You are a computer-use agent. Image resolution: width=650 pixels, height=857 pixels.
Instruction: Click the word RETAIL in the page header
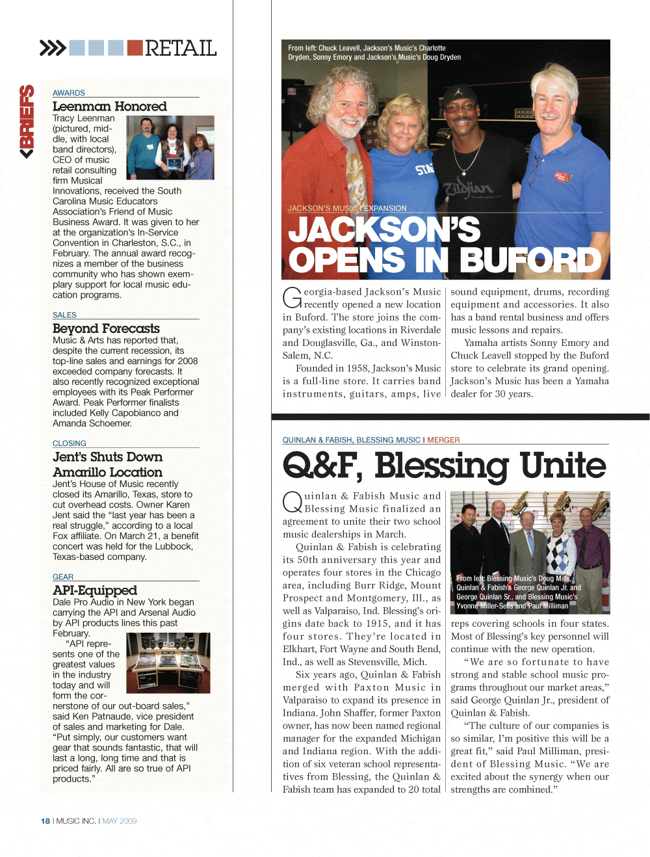pyautogui.click(x=181, y=48)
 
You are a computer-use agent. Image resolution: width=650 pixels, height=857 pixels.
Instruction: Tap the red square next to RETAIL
pyautogui.click(x=135, y=48)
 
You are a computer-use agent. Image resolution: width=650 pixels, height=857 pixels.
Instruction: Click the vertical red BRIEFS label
pyautogui.click(x=27, y=122)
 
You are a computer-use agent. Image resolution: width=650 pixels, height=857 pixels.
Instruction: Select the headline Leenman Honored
pyautogui.click(x=109, y=106)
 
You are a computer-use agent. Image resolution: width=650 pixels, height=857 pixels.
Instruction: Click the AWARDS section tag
pyautogui.click(x=69, y=93)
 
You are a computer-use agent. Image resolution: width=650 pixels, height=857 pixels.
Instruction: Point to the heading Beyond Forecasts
pyautogui.click(x=106, y=328)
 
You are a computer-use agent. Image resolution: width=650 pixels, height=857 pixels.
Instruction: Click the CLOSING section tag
pyautogui.click(x=70, y=443)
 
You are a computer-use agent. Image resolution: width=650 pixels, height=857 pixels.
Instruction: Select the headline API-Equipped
pyautogui.click(x=95, y=590)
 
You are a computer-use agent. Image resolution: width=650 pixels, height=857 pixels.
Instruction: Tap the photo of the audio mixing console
pyautogui.click(x=168, y=662)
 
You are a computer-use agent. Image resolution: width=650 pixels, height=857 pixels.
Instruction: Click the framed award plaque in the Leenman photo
pyautogui.click(x=174, y=163)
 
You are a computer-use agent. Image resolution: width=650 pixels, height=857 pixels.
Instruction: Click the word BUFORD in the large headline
pyautogui.click(x=533, y=260)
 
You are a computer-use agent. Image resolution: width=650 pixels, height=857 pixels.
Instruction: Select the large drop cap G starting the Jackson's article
pyautogui.click(x=292, y=298)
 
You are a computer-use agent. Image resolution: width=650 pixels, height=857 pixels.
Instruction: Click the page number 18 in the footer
pyautogui.click(x=45, y=821)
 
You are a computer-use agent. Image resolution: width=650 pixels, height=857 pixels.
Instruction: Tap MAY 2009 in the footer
pyautogui.click(x=120, y=821)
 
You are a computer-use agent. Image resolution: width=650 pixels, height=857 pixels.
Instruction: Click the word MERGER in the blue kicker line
pyautogui.click(x=443, y=440)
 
